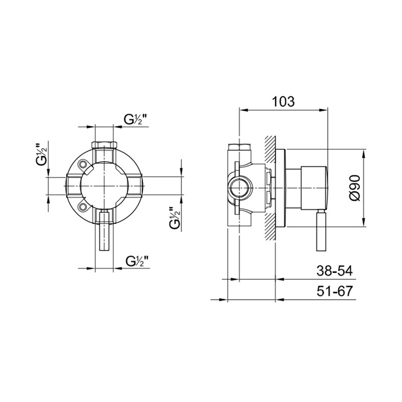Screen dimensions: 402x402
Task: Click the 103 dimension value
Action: tap(283, 102)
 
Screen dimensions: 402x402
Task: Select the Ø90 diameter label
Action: tap(355, 188)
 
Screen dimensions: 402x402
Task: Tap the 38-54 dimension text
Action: tap(335, 270)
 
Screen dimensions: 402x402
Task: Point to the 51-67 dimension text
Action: tap(335, 291)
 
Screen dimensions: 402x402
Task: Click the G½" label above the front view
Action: tap(136, 119)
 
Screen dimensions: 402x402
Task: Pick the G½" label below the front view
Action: tap(137, 261)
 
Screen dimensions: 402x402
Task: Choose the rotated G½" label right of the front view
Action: tap(175, 218)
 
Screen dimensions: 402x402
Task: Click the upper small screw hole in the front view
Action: tap(83, 164)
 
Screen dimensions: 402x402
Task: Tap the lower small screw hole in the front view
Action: tap(83, 207)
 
